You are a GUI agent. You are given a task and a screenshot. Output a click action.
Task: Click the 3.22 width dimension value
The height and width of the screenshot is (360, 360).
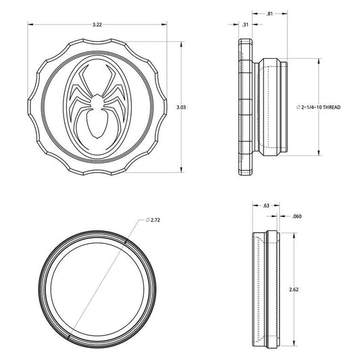[x=97, y=24]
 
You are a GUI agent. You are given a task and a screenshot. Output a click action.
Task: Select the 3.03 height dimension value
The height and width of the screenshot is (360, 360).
[x=181, y=107]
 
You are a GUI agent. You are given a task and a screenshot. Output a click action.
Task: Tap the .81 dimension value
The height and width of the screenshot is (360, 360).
[x=269, y=14]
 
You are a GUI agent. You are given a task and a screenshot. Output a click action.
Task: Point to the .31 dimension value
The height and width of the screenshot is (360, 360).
[x=245, y=24]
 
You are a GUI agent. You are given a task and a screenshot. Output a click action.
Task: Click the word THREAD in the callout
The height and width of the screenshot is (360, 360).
[x=332, y=107]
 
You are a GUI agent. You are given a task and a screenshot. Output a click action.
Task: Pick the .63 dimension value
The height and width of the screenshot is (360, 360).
[x=265, y=205]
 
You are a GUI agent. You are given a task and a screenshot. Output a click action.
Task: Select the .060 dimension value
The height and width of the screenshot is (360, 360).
[x=297, y=216]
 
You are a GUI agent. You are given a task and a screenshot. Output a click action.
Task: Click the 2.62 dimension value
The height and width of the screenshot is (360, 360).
[x=294, y=290]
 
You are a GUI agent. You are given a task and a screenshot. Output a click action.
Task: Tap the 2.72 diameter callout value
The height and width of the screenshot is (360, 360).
[x=155, y=220]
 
